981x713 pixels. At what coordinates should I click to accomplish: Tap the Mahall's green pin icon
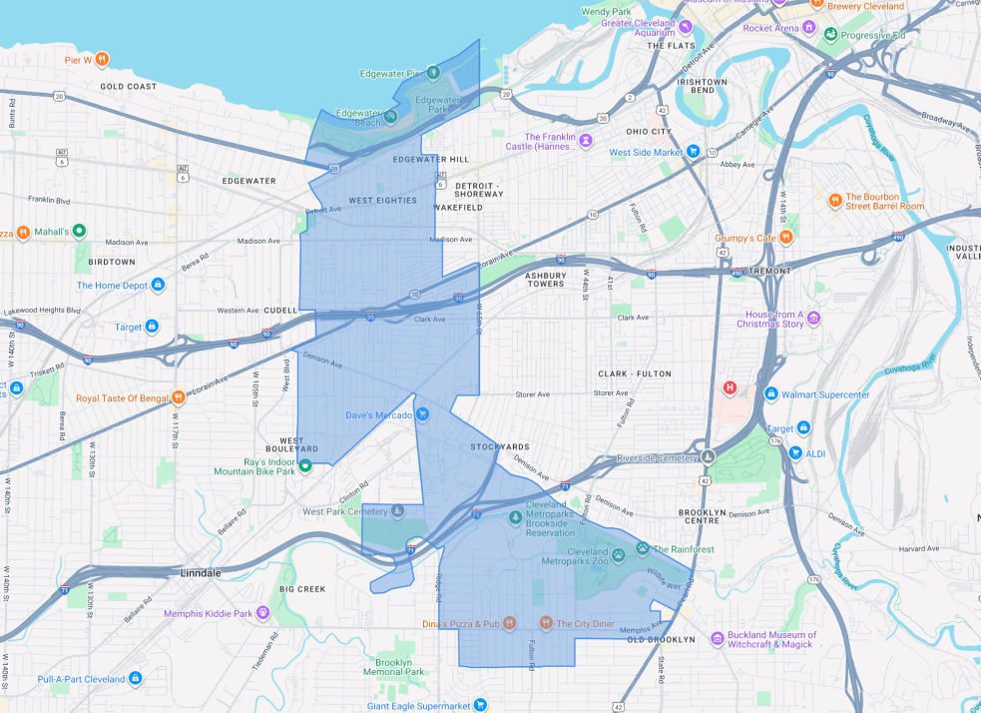pos(79,232)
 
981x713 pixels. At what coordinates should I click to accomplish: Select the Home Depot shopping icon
pos(159,286)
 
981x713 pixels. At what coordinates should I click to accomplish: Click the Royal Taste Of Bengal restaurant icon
pos(180,397)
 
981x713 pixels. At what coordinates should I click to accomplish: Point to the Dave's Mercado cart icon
pos(422,414)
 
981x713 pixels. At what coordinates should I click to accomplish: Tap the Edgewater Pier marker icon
pos(433,73)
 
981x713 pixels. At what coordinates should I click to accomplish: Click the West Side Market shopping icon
pos(693,152)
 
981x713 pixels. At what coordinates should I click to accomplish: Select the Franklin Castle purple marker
pos(586,141)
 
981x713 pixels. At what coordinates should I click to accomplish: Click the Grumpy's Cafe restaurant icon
pos(786,238)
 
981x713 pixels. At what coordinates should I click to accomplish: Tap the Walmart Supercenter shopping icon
pos(771,394)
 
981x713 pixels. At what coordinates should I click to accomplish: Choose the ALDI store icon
pos(795,453)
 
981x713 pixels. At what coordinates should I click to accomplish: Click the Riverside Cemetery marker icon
pos(708,457)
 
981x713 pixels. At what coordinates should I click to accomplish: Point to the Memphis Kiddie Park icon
pos(262,613)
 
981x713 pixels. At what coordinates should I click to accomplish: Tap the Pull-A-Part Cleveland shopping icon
pos(135,679)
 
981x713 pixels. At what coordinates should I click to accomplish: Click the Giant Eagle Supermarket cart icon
pos(480,705)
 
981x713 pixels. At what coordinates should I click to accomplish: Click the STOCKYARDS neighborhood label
pos(500,446)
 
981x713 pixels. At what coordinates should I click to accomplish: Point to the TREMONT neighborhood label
pos(768,271)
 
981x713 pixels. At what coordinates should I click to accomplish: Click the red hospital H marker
pos(731,387)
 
